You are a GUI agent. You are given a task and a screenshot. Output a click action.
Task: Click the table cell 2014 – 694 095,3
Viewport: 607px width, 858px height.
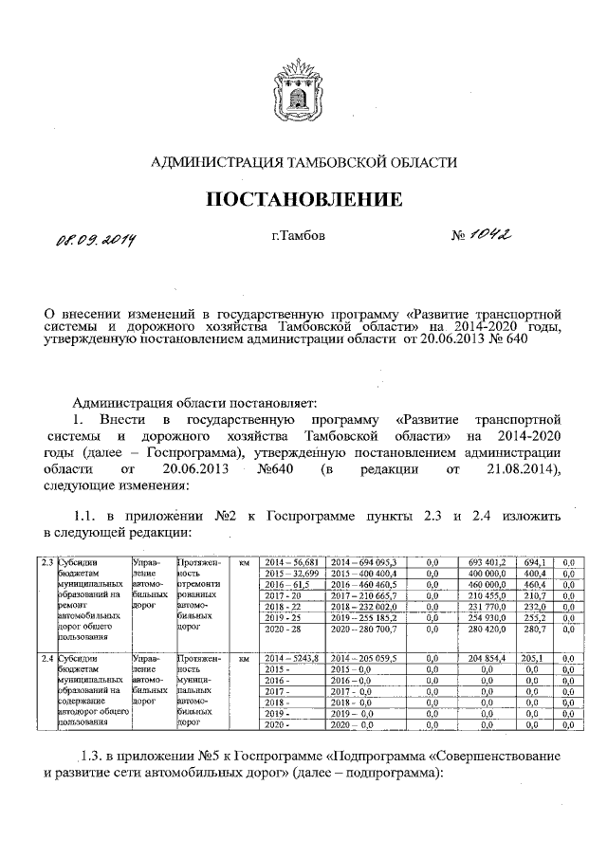pyautogui.click(x=362, y=563)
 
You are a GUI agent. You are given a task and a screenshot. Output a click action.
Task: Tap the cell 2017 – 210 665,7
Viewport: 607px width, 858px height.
pyautogui.click(x=362, y=595)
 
